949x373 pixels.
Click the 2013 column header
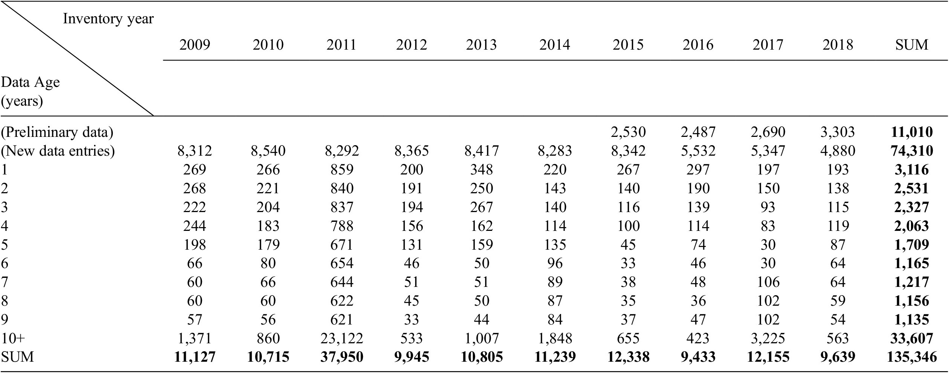tap(481, 45)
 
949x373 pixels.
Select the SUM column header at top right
tap(911, 45)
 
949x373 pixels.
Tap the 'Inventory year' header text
tap(108, 18)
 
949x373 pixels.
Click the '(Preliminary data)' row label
tap(57, 132)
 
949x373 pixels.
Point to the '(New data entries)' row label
tap(58, 151)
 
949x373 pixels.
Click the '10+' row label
tap(13, 338)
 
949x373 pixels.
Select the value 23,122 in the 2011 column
tap(342, 338)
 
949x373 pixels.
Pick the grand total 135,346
tap(911, 357)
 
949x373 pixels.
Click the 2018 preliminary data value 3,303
tap(838, 132)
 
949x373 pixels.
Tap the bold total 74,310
tap(911, 151)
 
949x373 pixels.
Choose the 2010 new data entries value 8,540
tap(268, 151)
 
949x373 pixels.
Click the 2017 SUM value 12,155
tap(768, 357)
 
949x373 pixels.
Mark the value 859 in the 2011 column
tap(342, 170)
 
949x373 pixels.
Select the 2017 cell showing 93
tap(768, 207)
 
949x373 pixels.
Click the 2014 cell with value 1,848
tap(555, 338)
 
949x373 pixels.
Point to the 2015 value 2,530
tap(628, 132)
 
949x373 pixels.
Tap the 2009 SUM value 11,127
tap(194, 357)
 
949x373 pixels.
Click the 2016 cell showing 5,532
tap(698, 151)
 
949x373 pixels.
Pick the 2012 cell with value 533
tap(411, 338)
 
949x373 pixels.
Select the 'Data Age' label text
tap(30, 82)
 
